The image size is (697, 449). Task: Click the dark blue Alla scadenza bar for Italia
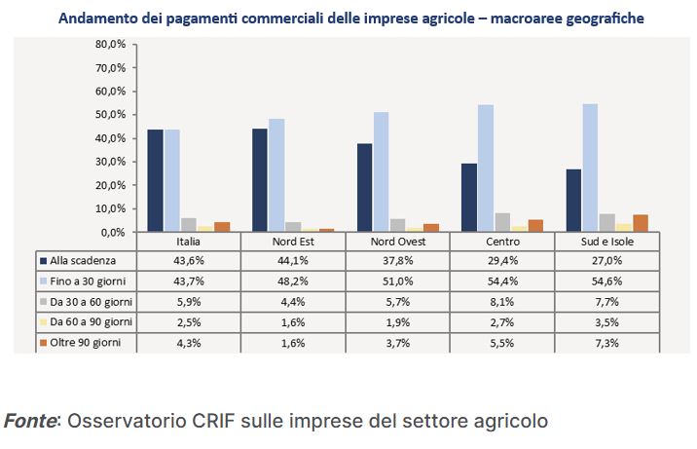155,180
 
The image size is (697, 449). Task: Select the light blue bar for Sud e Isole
590,168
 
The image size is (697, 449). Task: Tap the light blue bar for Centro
485,168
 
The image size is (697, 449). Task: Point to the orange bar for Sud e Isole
640,223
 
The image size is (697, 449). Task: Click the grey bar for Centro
502,222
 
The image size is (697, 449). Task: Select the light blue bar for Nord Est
276,175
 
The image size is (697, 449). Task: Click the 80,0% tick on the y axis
111,45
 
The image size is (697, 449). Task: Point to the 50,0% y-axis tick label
111,115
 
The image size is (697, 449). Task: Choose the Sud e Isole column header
606,242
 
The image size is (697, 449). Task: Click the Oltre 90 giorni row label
87,343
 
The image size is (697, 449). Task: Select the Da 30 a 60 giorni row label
92,302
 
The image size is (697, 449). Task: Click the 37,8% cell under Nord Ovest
397,261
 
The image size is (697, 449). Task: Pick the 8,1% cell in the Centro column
501,302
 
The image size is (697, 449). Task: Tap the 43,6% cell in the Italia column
189,261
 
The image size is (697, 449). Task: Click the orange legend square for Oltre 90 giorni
44,343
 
